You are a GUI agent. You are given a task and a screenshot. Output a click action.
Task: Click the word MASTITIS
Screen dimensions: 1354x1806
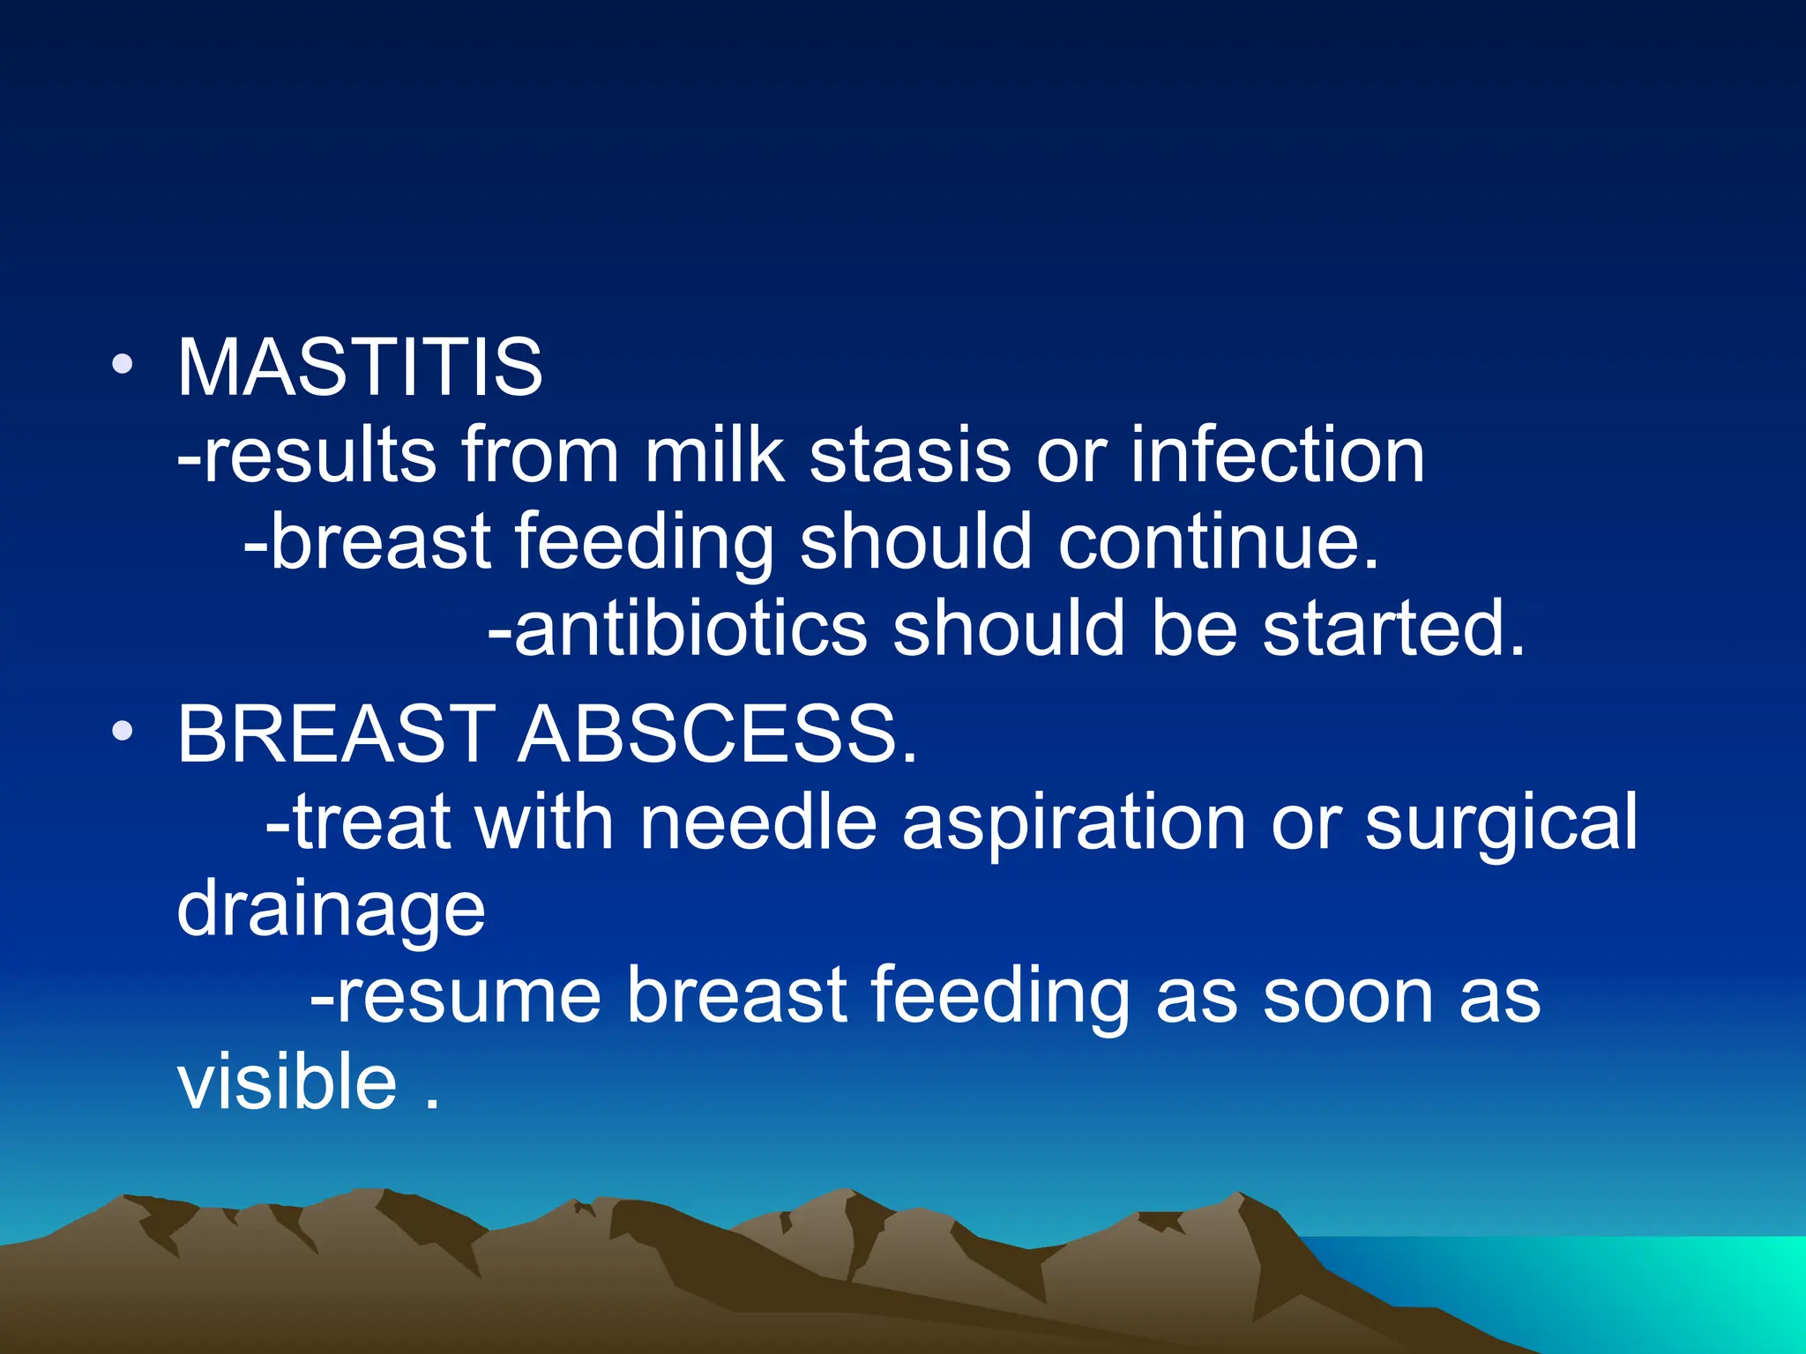(x=360, y=368)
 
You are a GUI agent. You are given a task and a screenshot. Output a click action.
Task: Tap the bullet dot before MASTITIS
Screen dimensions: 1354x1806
(x=123, y=364)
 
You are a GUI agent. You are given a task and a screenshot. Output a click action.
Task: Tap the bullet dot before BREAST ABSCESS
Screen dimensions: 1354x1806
(x=123, y=731)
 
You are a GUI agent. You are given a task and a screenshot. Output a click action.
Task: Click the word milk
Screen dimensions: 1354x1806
(x=713, y=456)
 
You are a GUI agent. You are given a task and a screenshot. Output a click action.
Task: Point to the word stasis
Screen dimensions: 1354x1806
(x=909, y=456)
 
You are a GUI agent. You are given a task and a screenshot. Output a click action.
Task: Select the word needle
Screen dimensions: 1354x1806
(x=757, y=822)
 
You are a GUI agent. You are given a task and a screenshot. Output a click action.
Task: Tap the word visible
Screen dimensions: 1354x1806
(x=287, y=1082)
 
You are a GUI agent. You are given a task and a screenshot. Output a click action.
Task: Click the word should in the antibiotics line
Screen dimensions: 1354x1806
(x=1008, y=629)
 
